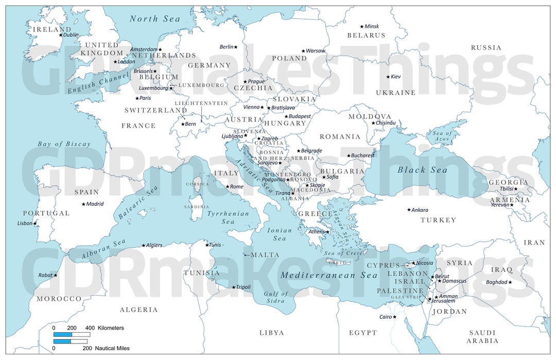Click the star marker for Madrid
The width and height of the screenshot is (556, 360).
pyautogui.click(x=83, y=204)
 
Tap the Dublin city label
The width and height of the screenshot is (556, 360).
pyautogui.click(x=71, y=35)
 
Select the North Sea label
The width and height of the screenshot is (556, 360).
pyautogui.click(x=154, y=19)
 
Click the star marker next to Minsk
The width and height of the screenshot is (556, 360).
pyautogui.click(x=362, y=26)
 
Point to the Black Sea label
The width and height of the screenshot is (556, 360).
pyautogui.click(x=422, y=170)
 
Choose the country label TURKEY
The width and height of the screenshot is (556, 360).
pyautogui.click(x=438, y=220)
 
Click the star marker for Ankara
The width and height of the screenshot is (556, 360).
pyautogui.click(x=409, y=210)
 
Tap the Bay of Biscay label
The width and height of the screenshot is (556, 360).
pyautogui.click(x=64, y=144)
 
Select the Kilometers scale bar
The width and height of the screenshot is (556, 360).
pyautogui.click(x=72, y=334)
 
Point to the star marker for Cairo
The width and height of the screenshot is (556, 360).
pyautogui.click(x=395, y=317)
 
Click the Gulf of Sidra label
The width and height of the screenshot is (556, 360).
pyautogui.click(x=276, y=297)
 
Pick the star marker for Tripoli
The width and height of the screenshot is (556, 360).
pyautogui.click(x=234, y=287)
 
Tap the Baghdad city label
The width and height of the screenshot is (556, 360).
pyautogui.click(x=496, y=282)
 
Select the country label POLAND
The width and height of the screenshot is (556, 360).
pyautogui.click(x=289, y=58)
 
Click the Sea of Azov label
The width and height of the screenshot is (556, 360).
pyautogui.click(x=442, y=136)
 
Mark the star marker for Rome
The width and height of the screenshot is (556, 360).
pyautogui.click(x=228, y=186)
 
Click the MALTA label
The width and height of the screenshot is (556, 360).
pyautogui.click(x=265, y=255)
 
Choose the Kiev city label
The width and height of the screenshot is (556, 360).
pyautogui.click(x=395, y=77)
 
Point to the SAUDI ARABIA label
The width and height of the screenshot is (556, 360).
pyautogui.click(x=482, y=337)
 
